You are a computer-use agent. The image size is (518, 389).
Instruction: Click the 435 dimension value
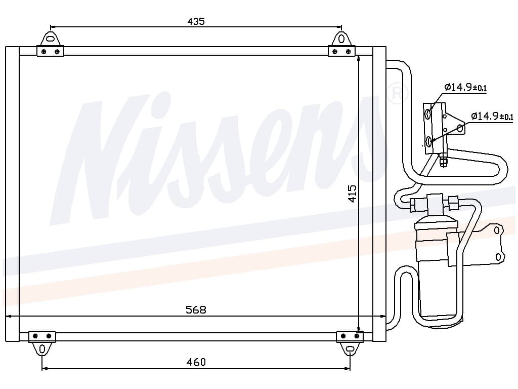[x=196, y=21]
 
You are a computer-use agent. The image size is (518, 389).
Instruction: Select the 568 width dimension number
[x=196, y=309]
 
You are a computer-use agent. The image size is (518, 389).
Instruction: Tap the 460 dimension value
[x=196, y=362]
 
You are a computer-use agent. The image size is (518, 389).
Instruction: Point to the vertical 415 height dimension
[x=353, y=193]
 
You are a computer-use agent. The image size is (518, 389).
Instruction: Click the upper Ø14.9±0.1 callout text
[x=465, y=87]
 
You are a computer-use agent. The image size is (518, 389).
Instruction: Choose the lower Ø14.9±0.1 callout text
[x=492, y=116]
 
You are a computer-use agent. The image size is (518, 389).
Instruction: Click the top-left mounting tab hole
[x=50, y=39]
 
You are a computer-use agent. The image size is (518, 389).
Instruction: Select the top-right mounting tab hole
[x=341, y=39]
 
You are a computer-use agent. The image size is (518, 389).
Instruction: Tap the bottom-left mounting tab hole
[x=42, y=349]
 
